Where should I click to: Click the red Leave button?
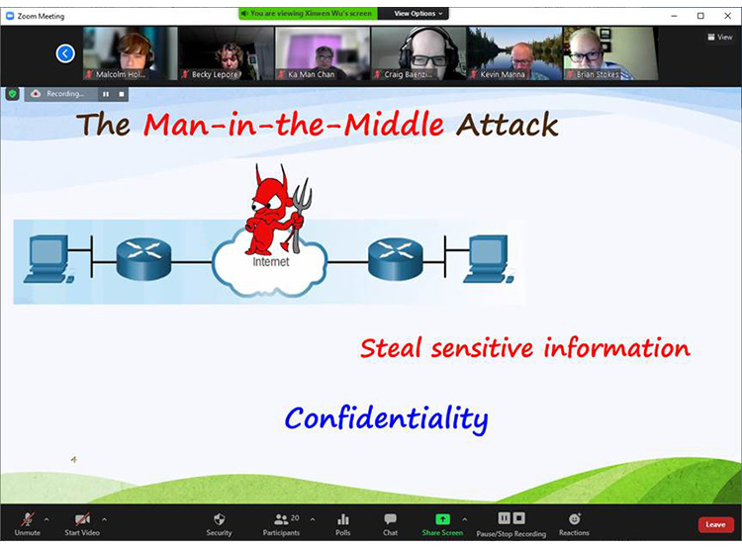pos(715,524)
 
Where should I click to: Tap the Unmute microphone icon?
pos(28,519)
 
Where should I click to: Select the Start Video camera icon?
pos(82,519)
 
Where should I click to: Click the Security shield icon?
pos(219,519)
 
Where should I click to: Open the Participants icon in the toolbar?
pos(281,519)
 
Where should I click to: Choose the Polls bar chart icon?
pos(343,519)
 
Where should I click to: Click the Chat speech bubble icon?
pos(391,519)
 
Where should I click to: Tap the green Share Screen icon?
pos(442,519)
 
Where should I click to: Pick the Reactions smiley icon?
pos(575,518)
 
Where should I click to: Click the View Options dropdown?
pos(417,13)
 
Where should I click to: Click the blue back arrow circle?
pos(65,53)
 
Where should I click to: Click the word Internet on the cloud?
pos(271,261)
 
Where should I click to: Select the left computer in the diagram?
pos(48,259)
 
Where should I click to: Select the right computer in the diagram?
pos(489,259)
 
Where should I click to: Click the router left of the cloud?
pos(143,258)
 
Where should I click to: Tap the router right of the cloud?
pos(396,258)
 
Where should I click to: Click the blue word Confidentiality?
pos(386,418)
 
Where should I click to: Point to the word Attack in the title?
pos(507,125)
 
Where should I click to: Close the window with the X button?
pos(728,16)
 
